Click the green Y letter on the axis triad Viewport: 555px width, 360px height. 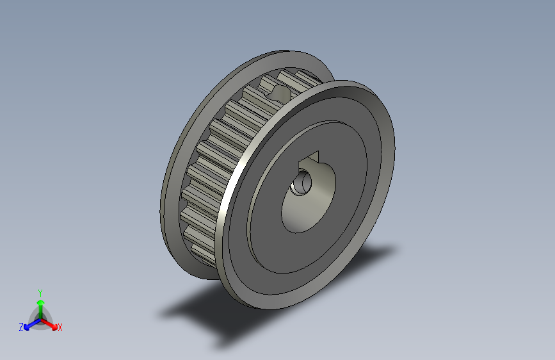pyautogui.click(x=40, y=291)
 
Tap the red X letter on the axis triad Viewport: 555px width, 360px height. pyautogui.click(x=60, y=328)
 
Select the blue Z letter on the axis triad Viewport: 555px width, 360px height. pyautogui.click(x=21, y=327)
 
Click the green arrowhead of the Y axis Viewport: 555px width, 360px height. pyautogui.click(x=40, y=302)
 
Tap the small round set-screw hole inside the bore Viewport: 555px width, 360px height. pyautogui.click(x=300, y=185)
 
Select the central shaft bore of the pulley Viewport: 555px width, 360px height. pyautogui.click(x=307, y=195)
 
